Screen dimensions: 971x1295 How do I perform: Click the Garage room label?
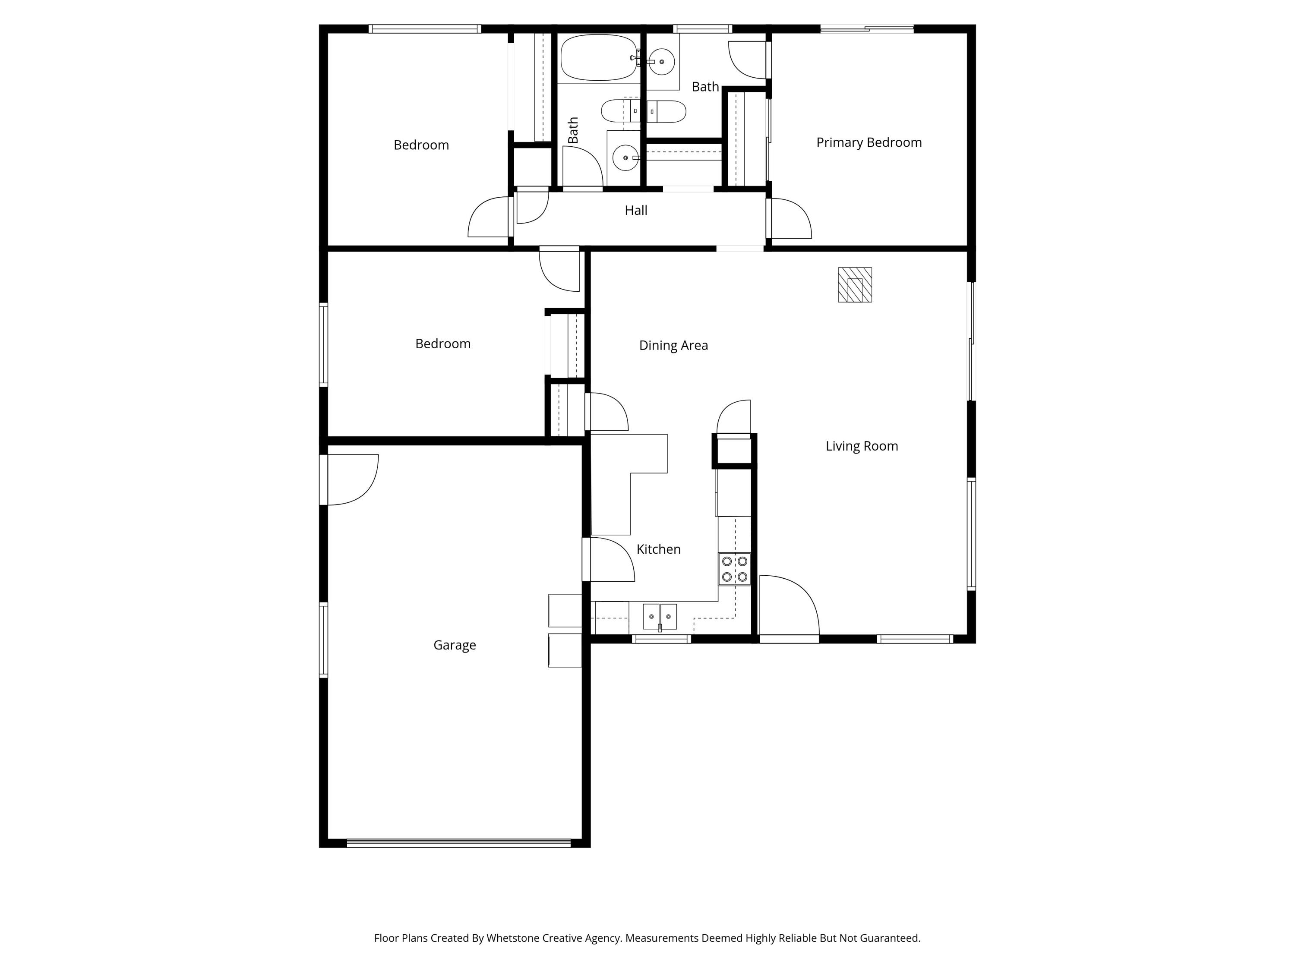tap(454, 645)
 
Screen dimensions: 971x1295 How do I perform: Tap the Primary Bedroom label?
tap(869, 142)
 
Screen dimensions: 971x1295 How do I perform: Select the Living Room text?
tap(861, 446)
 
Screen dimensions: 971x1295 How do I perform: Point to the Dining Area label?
tap(673, 345)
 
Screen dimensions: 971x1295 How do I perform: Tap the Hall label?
tap(636, 210)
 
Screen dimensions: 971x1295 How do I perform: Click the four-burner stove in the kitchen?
tap(734, 569)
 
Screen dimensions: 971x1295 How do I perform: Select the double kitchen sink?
tap(660, 617)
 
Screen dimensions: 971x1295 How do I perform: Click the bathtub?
tap(598, 57)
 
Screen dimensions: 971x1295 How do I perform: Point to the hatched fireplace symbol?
tap(855, 285)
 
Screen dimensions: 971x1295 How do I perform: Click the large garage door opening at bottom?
tap(458, 843)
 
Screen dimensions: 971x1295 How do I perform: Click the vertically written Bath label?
tap(573, 130)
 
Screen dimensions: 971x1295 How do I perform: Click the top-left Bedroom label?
tap(421, 145)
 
